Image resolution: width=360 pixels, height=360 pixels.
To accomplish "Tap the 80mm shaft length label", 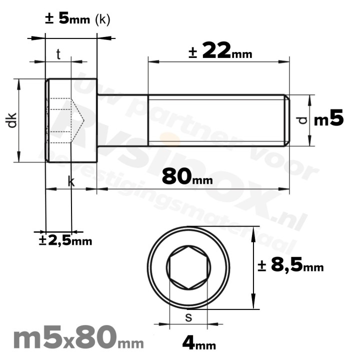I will coord(187,176).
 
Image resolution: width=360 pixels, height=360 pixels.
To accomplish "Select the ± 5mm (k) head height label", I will coord(77,18).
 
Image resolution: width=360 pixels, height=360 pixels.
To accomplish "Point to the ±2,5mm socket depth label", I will coord(65,240).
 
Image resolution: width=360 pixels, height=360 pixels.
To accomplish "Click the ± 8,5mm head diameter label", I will coord(290,266).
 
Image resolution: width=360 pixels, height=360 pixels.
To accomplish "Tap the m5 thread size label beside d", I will coord(328,119).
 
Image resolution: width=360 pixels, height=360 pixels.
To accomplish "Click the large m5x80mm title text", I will coord(77,339).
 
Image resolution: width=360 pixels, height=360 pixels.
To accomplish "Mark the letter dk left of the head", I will coord(12,120).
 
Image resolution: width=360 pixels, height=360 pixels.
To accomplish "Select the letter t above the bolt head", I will coord(58,54).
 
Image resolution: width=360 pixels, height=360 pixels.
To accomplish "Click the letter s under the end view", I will coord(188,317).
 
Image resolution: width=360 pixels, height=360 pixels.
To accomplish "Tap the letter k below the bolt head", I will coord(71,182).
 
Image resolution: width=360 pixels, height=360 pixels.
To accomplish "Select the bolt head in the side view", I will coord(71,120).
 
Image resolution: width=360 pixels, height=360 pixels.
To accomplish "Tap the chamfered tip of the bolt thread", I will coord(286,120).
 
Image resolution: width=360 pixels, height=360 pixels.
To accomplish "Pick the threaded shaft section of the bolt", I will coord(215,120).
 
